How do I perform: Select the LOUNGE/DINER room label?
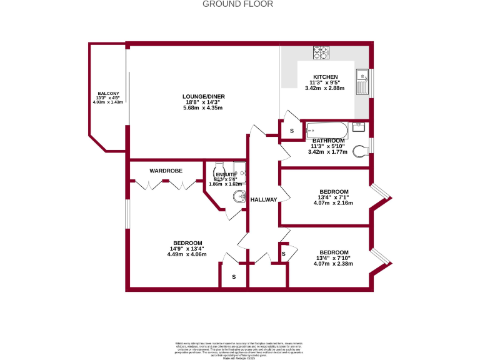(x=203, y=96)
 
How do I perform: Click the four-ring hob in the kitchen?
(x=321, y=52)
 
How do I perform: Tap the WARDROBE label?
(x=166, y=170)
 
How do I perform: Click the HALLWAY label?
(x=263, y=199)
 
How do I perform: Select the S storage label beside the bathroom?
(x=291, y=131)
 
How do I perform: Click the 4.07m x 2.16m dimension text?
(x=334, y=203)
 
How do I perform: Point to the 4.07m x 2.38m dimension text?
(x=333, y=264)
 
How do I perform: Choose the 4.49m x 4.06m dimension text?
(x=187, y=254)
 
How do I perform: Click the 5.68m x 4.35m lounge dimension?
(x=203, y=108)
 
